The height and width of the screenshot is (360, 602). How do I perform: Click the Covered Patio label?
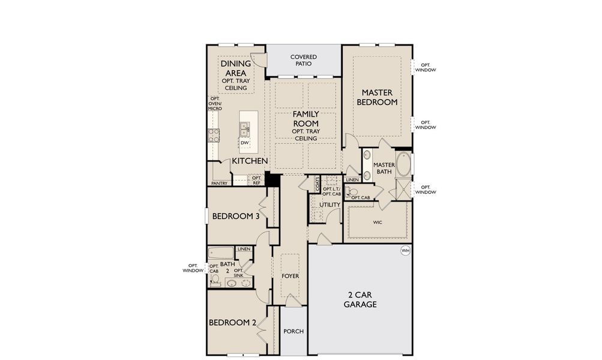[304, 60]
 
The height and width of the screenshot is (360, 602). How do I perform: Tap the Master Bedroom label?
[377, 97]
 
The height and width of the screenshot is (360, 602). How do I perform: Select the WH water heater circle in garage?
[405, 250]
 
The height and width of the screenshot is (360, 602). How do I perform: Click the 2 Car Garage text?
[360, 299]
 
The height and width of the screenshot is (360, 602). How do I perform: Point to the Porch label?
[294, 332]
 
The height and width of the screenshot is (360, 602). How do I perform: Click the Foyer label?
[290, 276]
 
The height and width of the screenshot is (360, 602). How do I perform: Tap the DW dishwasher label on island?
[244, 143]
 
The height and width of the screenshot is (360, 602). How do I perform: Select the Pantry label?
[219, 183]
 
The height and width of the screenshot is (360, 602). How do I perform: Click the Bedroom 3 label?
[235, 217]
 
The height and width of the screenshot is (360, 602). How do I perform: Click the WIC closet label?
[378, 222]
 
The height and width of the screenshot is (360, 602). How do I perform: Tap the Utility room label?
[330, 205]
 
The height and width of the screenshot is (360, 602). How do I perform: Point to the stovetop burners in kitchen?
[212, 136]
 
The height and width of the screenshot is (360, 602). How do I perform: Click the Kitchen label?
[250, 161]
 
